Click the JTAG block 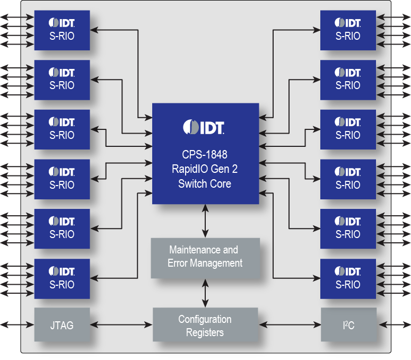tap(62, 324)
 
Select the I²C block tap(348, 324)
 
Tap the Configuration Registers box tap(205, 326)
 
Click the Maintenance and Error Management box tap(205, 257)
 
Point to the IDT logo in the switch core tap(205, 127)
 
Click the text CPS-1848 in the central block tap(205, 154)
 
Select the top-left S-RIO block tap(62, 30)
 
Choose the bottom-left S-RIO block tap(62, 278)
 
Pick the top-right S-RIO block tap(348, 30)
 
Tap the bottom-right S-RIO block tap(348, 278)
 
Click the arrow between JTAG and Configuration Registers tap(121, 324)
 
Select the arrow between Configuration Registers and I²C tap(290, 324)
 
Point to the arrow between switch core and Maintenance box tap(205, 221)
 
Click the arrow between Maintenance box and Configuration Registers tap(205, 293)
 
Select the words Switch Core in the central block tap(205, 184)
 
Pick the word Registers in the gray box tap(205, 333)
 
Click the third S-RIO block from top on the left tap(62, 129)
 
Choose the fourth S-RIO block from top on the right tap(348, 179)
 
